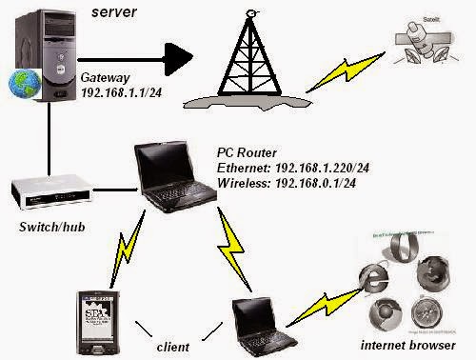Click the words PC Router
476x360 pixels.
click(247, 152)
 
